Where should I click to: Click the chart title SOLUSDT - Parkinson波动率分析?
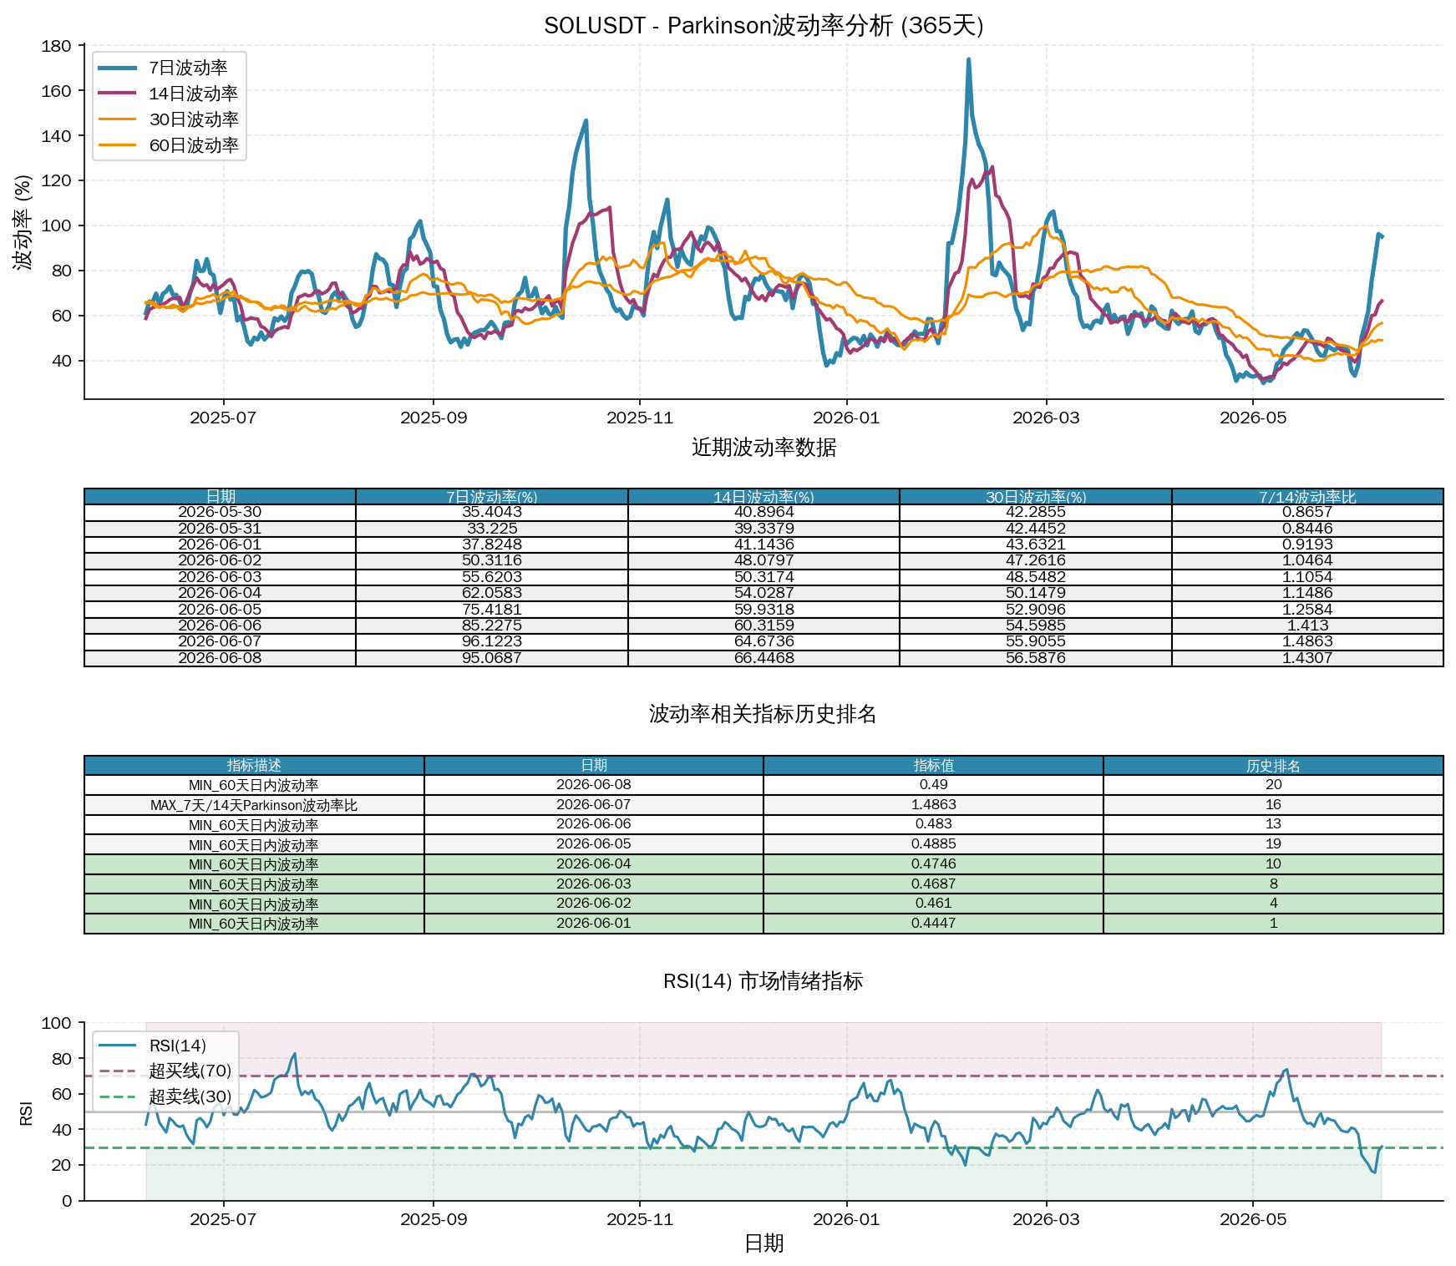[x=718, y=26]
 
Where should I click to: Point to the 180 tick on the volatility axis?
[x=56, y=46]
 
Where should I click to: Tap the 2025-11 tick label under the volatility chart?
[x=640, y=418]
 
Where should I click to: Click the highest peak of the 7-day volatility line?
[x=968, y=59]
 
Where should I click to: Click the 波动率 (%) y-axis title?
[x=24, y=222]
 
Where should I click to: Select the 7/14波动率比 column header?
[x=1307, y=497]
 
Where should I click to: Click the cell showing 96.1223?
[x=492, y=641]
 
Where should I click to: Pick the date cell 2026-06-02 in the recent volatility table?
[x=220, y=560]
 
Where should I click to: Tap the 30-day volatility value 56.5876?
[x=1036, y=658]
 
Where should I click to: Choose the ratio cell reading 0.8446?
[x=1307, y=529]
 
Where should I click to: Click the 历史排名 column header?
[x=1273, y=766]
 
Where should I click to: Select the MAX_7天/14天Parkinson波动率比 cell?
[x=254, y=805]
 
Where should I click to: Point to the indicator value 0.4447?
[x=933, y=924]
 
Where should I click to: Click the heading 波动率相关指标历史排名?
[x=763, y=714]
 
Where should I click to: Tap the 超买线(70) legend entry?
[x=190, y=1071]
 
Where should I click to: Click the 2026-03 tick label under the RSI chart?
[x=1046, y=1219]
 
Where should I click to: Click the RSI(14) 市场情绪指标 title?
[x=763, y=981]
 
